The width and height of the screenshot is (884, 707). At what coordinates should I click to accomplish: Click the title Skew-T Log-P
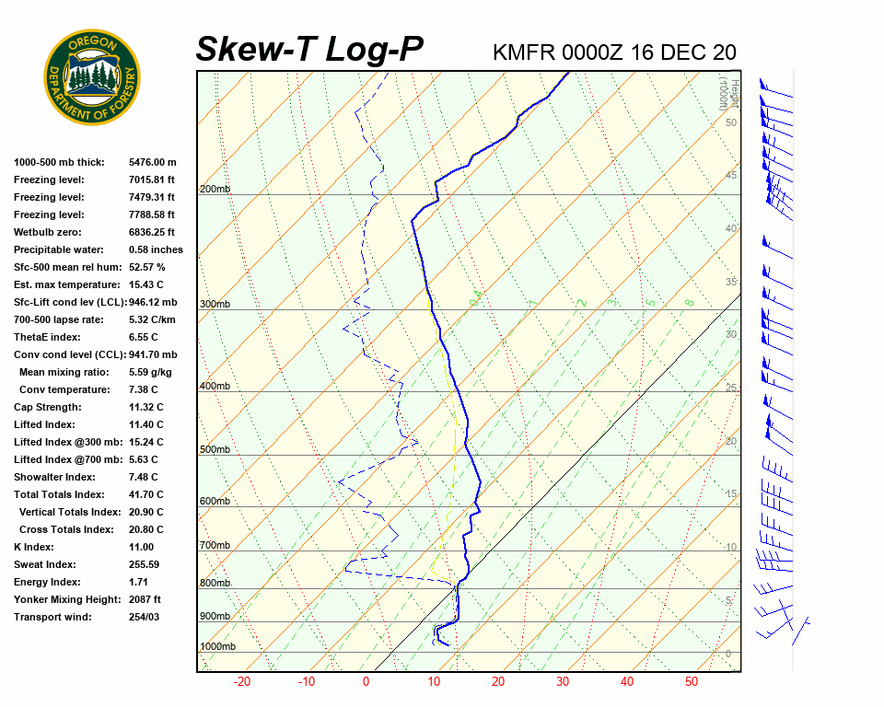coord(309,49)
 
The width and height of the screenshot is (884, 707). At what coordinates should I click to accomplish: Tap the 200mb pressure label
coord(215,190)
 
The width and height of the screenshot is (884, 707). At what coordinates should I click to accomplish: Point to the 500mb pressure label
coord(215,450)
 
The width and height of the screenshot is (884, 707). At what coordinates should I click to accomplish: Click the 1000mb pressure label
coord(217,647)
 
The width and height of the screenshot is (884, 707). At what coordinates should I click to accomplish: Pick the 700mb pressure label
coord(215,546)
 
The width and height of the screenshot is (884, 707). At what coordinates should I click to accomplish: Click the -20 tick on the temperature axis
coord(242,682)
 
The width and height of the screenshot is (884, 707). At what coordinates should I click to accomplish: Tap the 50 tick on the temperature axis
coord(692,682)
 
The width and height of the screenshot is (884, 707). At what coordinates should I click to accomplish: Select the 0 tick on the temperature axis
coord(366,682)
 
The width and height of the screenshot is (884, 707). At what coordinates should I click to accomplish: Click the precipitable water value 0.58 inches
coord(156,249)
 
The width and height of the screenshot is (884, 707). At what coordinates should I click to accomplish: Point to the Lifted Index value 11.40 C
coord(145,424)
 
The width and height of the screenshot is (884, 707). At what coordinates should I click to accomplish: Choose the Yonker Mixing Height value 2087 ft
coord(145,599)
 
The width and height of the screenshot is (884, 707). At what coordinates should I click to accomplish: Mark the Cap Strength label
coord(48,407)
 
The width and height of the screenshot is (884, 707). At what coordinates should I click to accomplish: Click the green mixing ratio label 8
coord(689,302)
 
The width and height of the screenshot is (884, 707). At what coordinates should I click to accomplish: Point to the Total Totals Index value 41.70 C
coord(145,494)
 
